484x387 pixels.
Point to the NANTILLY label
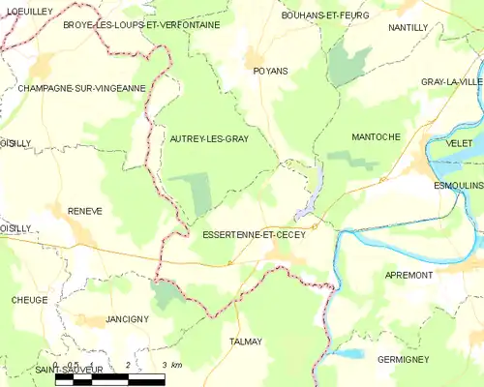(x=408, y=28)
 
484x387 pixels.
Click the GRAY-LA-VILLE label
(x=451, y=82)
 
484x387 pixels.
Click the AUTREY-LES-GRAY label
(x=209, y=139)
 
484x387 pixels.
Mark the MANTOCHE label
(x=376, y=137)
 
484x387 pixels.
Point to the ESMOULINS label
(x=458, y=184)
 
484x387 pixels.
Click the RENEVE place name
(x=85, y=210)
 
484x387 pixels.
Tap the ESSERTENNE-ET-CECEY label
(x=254, y=234)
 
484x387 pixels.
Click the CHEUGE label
(x=30, y=300)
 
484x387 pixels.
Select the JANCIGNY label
(x=127, y=318)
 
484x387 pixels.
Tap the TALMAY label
(x=247, y=342)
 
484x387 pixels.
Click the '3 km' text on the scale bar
(x=171, y=365)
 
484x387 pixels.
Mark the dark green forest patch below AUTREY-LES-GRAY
(x=201, y=193)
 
